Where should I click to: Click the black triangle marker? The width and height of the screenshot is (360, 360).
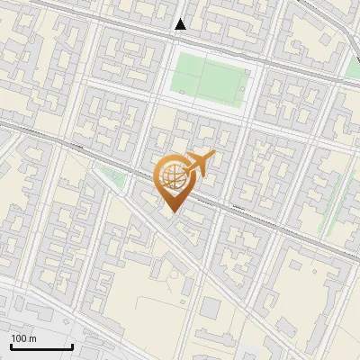tap(181, 25)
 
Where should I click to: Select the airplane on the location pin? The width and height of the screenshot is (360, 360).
tap(199, 165)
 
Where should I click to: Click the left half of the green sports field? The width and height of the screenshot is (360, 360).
tap(189, 77)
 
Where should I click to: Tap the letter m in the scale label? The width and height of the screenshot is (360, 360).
tap(33, 338)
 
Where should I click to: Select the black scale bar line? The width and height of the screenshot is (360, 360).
tap(41, 347)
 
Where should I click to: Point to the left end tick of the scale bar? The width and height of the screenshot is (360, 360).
tap(11, 346)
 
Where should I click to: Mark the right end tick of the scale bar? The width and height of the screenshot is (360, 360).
tap(72, 346)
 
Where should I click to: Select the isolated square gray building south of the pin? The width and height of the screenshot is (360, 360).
tap(210, 309)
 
